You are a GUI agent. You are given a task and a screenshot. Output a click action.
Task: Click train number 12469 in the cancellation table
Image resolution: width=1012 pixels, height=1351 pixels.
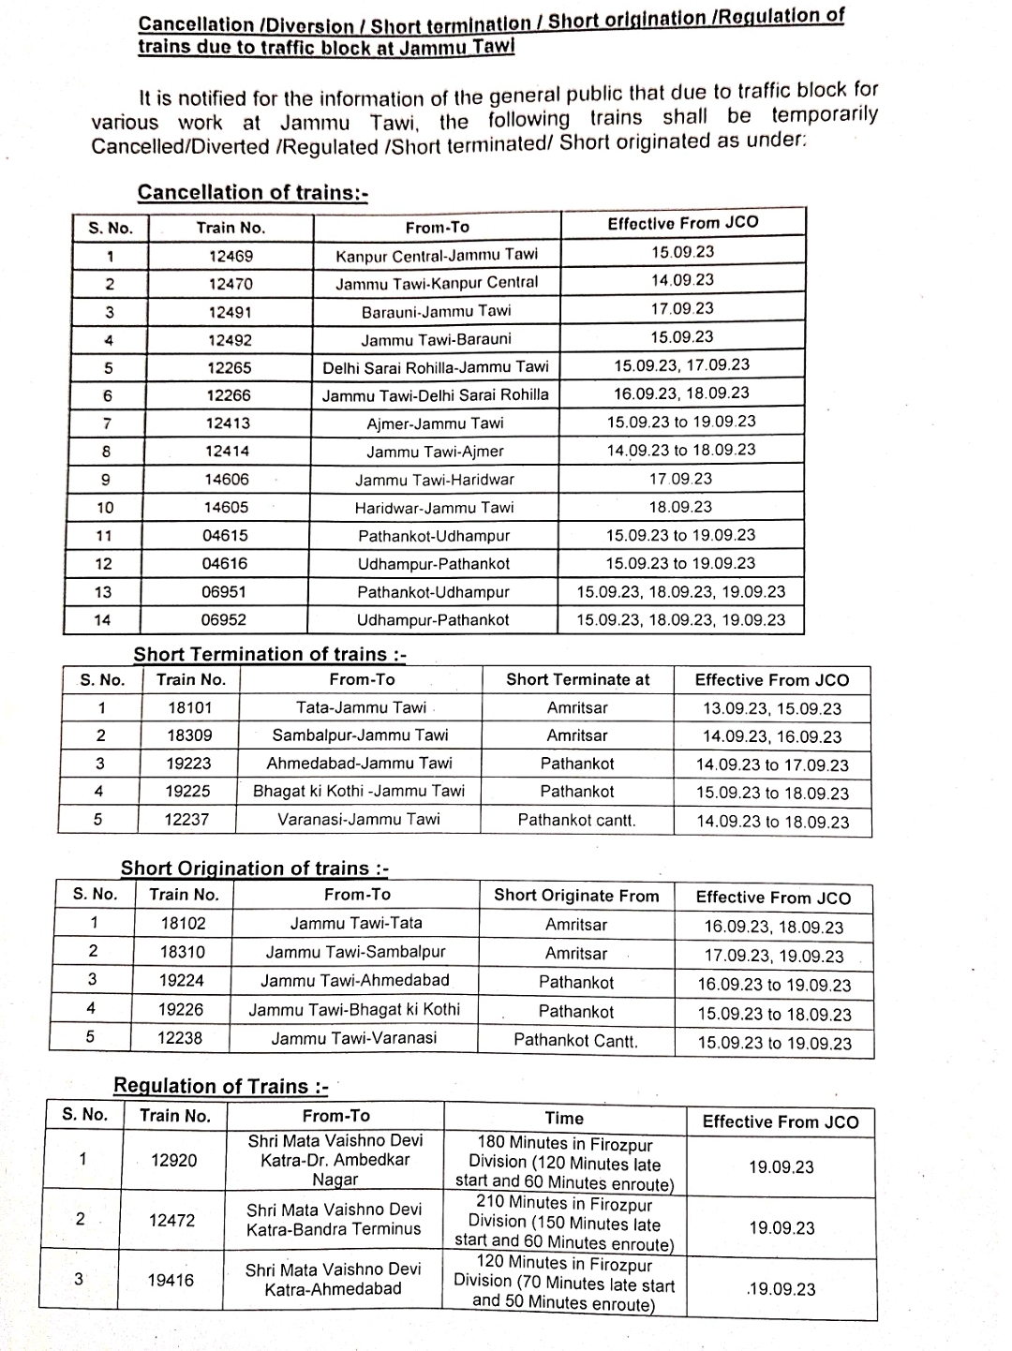click(231, 256)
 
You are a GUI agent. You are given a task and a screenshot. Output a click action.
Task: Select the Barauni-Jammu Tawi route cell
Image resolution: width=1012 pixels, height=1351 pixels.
click(437, 311)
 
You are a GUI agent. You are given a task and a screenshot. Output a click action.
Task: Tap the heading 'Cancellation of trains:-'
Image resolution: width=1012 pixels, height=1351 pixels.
click(252, 192)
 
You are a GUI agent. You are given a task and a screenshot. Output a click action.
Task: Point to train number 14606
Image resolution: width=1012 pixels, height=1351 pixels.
click(228, 480)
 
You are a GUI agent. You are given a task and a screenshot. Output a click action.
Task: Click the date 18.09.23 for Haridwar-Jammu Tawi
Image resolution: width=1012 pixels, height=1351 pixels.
click(680, 507)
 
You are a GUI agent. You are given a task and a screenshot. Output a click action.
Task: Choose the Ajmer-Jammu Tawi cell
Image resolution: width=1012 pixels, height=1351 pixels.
click(435, 423)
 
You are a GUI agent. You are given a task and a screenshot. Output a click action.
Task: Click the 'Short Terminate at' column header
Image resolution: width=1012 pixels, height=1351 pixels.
click(577, 680)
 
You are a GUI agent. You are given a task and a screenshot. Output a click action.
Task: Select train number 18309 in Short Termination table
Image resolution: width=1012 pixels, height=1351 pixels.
click(189, 735)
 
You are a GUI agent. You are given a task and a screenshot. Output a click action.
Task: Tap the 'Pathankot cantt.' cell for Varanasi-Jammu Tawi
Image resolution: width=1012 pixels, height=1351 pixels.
click(576, 820)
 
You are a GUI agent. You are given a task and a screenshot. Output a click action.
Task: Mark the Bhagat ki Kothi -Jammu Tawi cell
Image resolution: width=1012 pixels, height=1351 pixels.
click(359, 791)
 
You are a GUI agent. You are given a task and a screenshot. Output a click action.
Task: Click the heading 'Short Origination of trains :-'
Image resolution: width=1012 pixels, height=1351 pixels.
click(254, 868)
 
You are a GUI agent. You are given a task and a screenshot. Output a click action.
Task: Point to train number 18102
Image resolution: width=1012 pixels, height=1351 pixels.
click(183, 923)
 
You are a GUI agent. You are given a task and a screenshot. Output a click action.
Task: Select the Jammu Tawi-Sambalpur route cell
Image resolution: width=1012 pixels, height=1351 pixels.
click(355, 952)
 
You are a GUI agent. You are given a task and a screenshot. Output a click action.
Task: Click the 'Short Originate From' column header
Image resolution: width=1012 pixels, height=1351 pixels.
click(576, 896)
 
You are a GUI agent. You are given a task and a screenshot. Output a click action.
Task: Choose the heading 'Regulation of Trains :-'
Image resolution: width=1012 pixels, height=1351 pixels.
click(220, 1086)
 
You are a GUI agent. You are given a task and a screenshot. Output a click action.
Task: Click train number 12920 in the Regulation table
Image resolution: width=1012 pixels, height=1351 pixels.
click(174, 1161)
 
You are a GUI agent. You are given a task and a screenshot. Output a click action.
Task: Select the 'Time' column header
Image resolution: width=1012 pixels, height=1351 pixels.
click(564, 1119)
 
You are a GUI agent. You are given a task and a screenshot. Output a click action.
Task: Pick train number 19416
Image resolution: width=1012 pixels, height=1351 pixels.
click(171, 1280)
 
